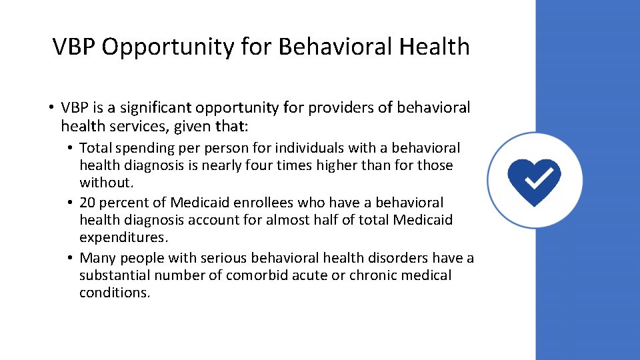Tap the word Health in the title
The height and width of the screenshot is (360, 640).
435,47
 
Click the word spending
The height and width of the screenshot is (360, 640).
143,147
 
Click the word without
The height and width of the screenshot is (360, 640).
105,182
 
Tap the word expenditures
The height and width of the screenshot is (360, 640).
121,237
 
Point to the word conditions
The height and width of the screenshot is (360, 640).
114,292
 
